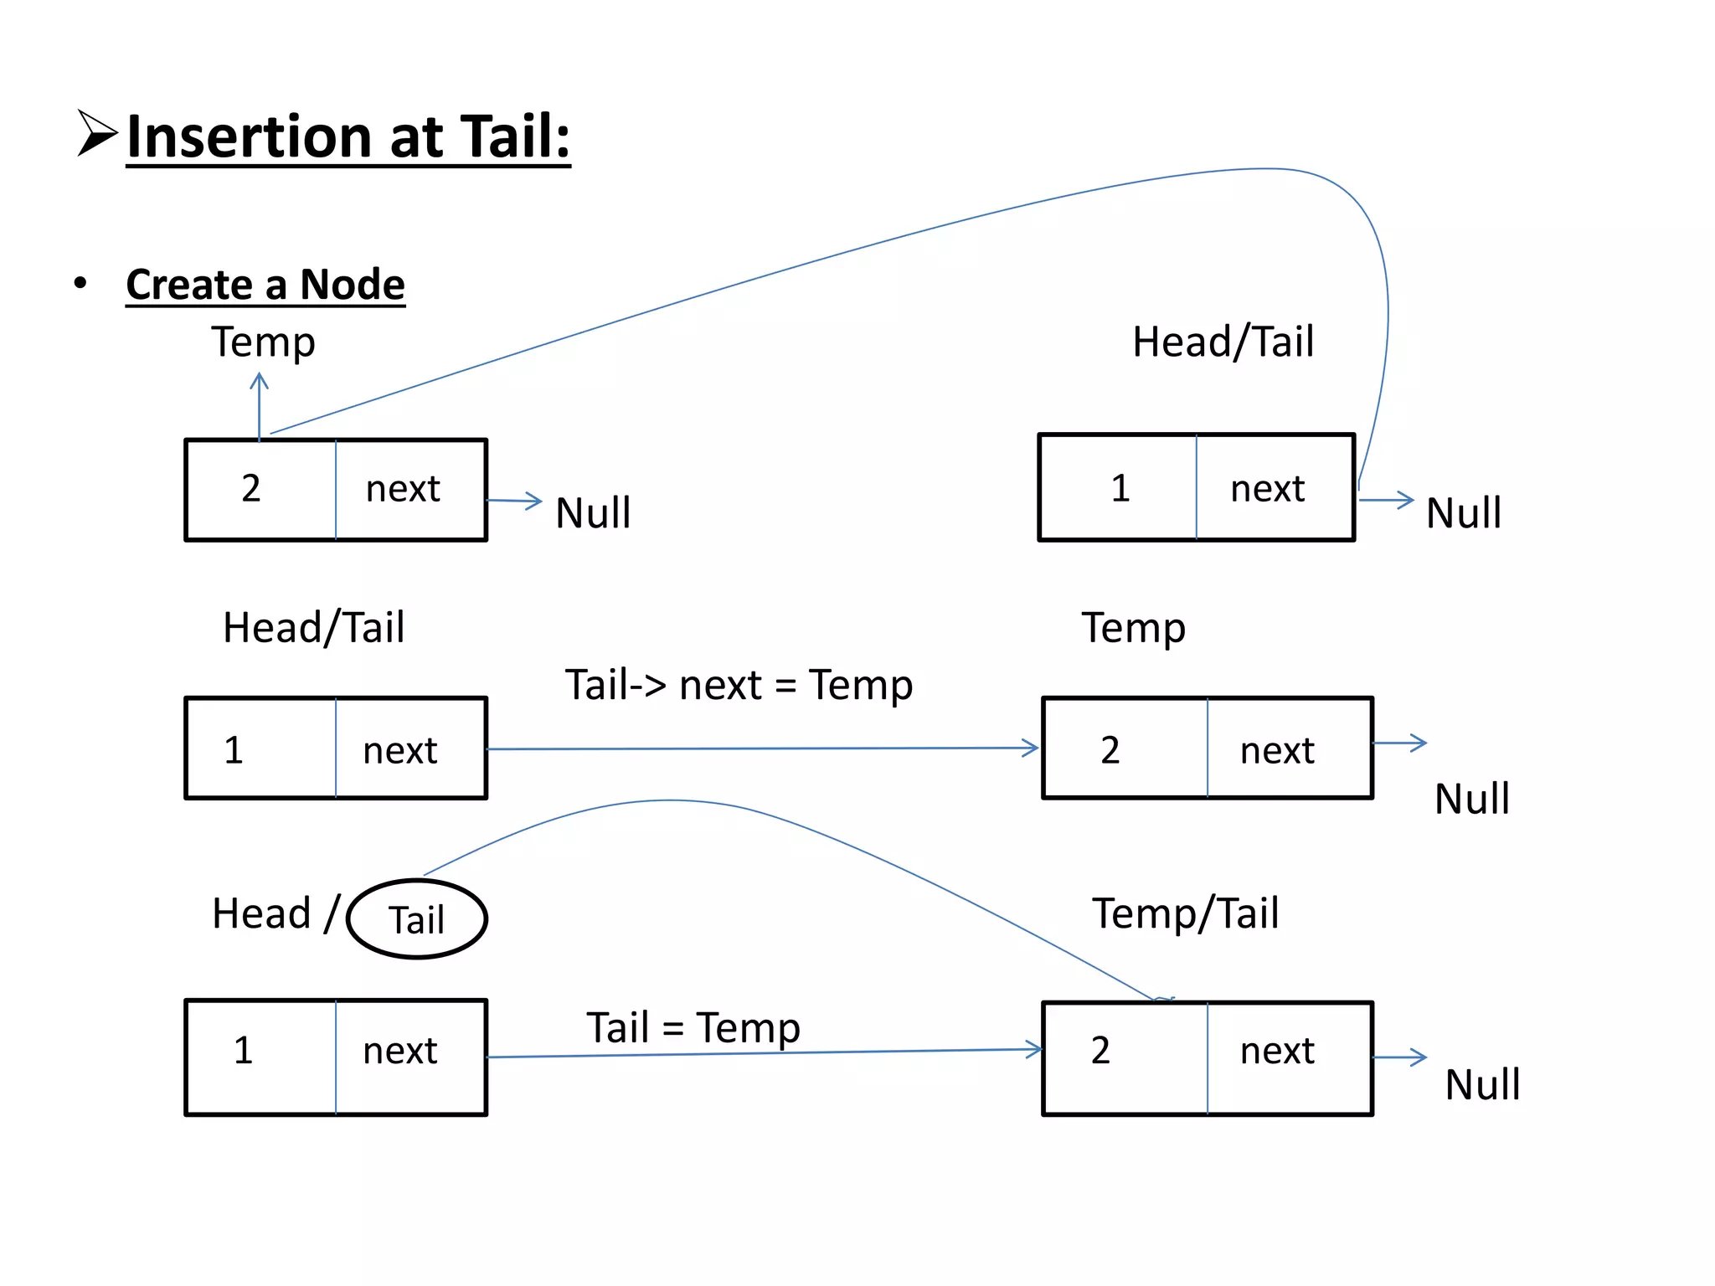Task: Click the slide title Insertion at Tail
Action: pos(348,137)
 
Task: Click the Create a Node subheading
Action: pos(265,285)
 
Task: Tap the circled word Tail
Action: pos(416,920)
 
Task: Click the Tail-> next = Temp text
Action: pos(738,686)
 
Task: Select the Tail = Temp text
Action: pos(693,1028)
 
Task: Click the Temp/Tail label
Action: pos(1185,913)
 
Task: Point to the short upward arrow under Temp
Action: pos(260,405)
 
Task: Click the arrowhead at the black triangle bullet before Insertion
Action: pos(96,133)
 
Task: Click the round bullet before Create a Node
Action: pos(80,283)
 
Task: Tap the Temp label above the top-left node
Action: pos(263,342)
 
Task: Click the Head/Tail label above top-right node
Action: pos(1223,342)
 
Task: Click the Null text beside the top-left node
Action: pos(593,513)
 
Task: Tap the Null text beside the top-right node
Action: pos(1463,513)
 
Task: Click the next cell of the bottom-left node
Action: pos(400,1052)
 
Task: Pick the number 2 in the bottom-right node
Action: pos(1100,1051)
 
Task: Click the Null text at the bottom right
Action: pos(1482,1085)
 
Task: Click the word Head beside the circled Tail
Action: pos(261,913)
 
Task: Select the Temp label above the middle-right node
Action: pos(1133,628)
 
